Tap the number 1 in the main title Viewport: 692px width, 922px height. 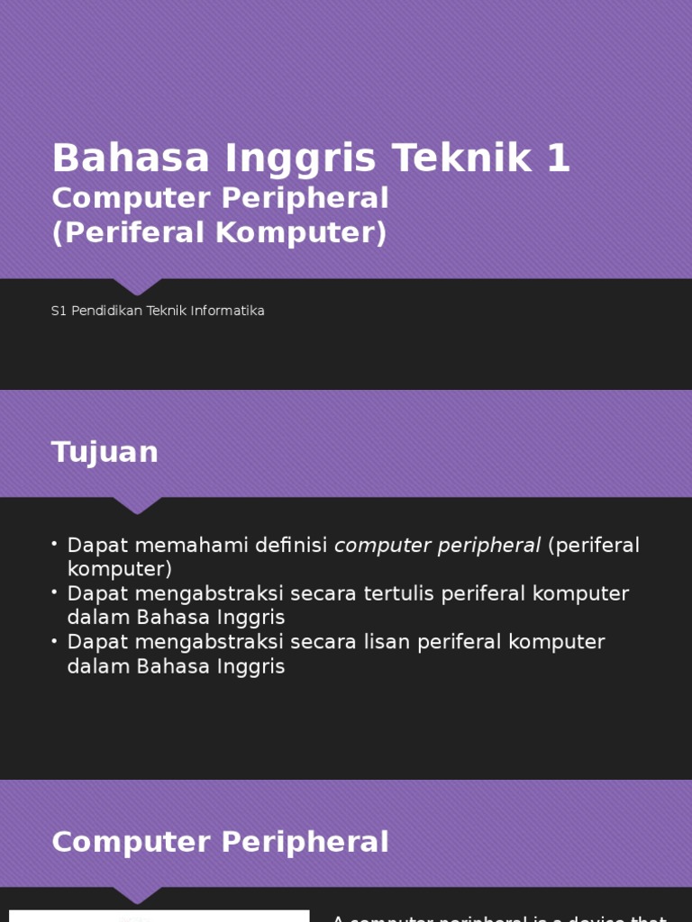pyautogui.click(x=558, y=158)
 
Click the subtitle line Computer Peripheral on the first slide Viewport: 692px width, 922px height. pyautogui.click(x=220, y=198)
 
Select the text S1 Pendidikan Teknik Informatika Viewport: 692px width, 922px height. pyautogui.click(x=158, y=311)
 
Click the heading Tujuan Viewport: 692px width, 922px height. pyautogui.click(x=105, y=452)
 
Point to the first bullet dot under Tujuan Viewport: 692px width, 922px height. pyautogui.click(x=55, y=543)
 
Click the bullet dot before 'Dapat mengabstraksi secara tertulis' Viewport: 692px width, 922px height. pyautogui.click(x=55, y=592)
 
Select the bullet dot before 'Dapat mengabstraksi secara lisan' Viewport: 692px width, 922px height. pyautogui.click(x=55, y=640)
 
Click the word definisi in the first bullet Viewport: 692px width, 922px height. pyautogui.click(x=291, y=546)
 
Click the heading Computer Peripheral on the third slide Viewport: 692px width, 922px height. pyautogui.click(x=220, y=843)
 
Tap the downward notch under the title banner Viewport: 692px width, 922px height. pyautogui.click(x=137, y=286)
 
